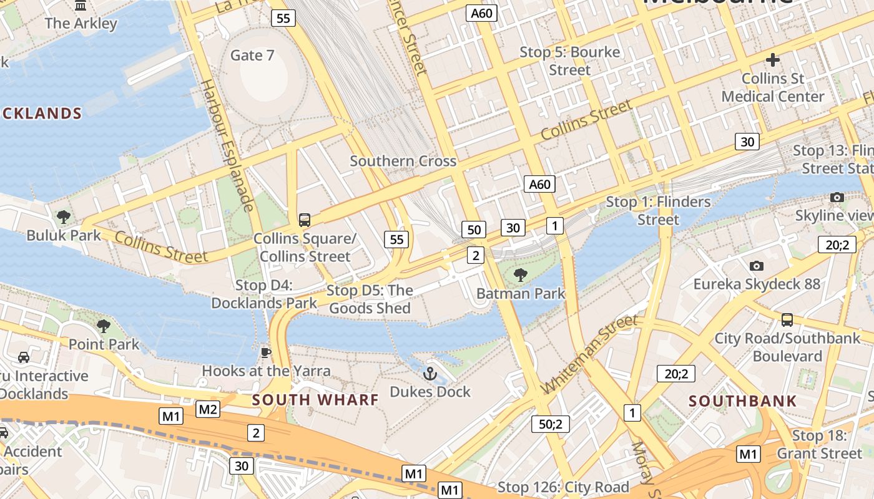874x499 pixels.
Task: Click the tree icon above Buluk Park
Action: [63, 217]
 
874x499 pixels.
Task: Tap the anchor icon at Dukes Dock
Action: [430, 374]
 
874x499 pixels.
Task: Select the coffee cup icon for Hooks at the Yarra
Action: [266, 353]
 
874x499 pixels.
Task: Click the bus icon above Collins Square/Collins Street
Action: [305, 220]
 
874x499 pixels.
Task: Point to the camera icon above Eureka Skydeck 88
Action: [757, 266]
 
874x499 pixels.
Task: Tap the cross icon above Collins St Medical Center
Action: [773, 60]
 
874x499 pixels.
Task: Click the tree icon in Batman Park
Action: [520, 275]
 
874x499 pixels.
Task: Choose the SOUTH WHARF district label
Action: [315, 400]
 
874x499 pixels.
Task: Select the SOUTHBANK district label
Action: [743, 400]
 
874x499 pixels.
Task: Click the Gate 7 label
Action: [252, 56]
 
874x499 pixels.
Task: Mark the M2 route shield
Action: [208, 409]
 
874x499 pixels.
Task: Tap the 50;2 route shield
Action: [551, 424]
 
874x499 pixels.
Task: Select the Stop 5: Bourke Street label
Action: [570, 61]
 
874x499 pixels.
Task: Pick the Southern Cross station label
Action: [403, 161]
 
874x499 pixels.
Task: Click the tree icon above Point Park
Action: [104, 326]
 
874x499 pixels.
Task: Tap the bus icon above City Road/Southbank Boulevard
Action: [787, 320]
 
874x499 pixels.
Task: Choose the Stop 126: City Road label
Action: [563, 487]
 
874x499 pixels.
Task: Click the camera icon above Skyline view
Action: [837, 198]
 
